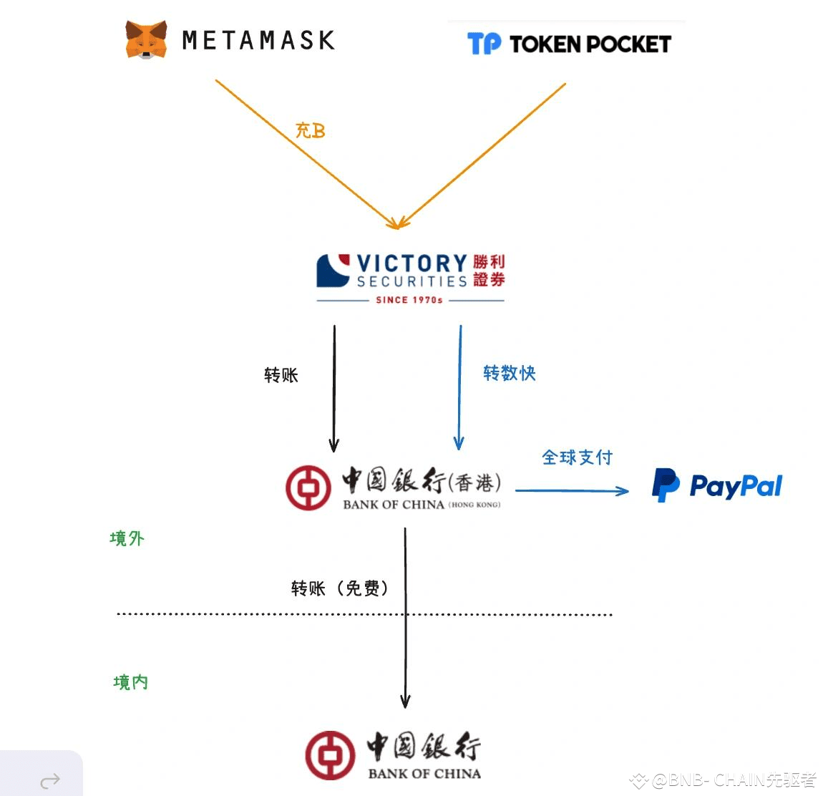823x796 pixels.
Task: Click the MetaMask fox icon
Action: [x=146, y=39]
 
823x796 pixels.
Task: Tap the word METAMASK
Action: [x=258, y=40]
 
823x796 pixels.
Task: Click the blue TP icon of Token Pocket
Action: [x=484, y=44]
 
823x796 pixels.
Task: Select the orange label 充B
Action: [x=310, y=130]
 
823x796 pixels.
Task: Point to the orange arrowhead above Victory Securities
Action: [x=396, y=223]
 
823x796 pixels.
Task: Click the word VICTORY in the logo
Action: [x=411, y=263]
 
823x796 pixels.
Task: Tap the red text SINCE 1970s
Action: [x=409, y=300]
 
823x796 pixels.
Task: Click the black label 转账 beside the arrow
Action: [x=281, y=375]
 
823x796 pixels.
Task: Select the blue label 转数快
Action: [x=509, y=373]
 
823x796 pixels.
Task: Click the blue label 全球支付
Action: [x=577, y=457]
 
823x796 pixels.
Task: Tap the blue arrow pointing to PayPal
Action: [x=573, y=491]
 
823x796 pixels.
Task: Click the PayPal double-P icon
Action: [x=665, y=485]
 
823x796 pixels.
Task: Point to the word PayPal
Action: [x=735, y=487]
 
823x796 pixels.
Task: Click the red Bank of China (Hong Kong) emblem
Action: [x=308, y=487]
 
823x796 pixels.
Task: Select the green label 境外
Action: [x=127, y=538]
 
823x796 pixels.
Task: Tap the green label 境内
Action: [x=130, y=682]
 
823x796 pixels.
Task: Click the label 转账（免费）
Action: [x=341, y=588]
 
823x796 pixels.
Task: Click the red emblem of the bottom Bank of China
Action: [x=330, y=755]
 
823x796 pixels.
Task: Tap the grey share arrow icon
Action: [x=50, y=780]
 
